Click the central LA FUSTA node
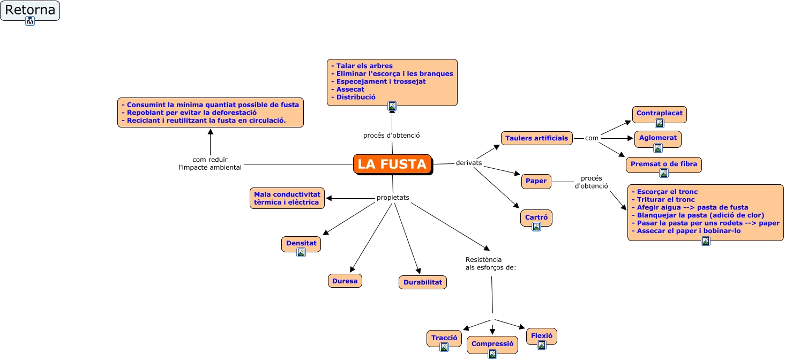click(392, 164)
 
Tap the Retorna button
click(30, 10)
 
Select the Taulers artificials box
click(536, 138)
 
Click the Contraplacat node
click(659, 114)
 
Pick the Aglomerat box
click(657, 138)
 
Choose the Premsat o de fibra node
click(663, 164)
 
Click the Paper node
click(536, 181)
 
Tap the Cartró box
click(536, 217)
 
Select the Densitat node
click(301, 243)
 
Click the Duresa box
click(345, 281)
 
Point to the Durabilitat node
click(422, 282)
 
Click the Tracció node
click(444, 338)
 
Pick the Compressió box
click(492, 344)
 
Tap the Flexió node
click(542, 335)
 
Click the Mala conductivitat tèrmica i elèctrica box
click(287, 198)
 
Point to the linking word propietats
click(393, 198)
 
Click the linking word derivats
click(469, 163)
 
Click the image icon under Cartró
click(536, 227)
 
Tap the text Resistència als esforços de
click(490, 264)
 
